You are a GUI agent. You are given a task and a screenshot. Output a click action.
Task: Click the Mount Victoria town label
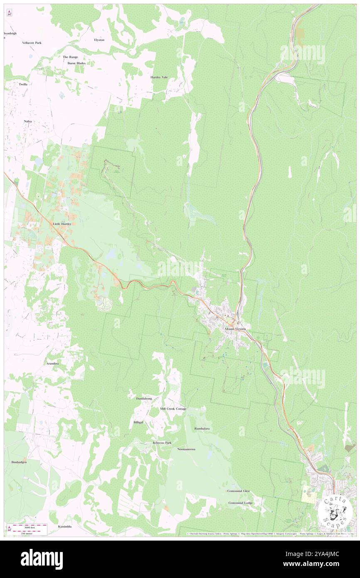click(235, 329)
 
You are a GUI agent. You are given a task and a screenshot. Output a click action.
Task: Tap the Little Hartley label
click(62, 224)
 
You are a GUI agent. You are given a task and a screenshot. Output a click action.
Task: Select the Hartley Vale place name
click(159, 77)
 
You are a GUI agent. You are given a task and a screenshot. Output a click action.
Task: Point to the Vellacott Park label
click(32, 43)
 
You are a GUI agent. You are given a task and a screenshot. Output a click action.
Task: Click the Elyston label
click(99, 40)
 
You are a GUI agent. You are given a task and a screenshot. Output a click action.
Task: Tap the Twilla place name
click(23, 84)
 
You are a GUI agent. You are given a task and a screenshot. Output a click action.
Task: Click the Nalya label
click(28, 121)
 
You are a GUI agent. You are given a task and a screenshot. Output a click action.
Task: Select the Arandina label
click(52, 363)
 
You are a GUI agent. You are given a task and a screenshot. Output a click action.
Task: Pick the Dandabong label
click(144, 398)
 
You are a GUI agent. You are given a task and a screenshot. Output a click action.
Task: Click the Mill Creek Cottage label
click(173, 409)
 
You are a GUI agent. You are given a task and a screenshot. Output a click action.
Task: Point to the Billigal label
click(138, 422)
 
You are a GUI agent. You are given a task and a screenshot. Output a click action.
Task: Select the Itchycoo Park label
click(162, 443)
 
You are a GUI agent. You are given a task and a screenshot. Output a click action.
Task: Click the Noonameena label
click(186, 450)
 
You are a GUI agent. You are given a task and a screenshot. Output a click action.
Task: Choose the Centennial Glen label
click(239, 491)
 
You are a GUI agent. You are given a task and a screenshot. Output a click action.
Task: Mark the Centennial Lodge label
click(240, 503)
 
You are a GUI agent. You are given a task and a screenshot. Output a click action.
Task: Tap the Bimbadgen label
click(19, 462)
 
